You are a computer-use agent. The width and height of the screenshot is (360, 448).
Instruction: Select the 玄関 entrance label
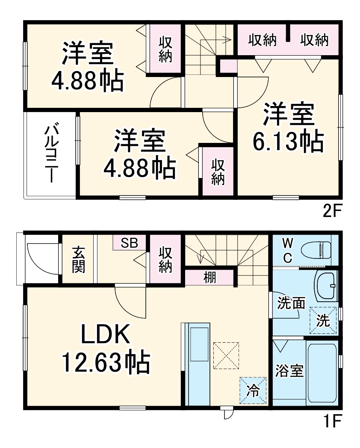78,260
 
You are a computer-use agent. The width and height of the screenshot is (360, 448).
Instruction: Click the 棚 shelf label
210,278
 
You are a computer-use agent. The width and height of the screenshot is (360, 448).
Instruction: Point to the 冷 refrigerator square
253,390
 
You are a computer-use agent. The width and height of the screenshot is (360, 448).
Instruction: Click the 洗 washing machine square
323,320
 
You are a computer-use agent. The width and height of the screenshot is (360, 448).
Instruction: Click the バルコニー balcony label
52,153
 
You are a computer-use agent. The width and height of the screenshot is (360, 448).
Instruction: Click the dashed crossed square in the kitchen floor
226,355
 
